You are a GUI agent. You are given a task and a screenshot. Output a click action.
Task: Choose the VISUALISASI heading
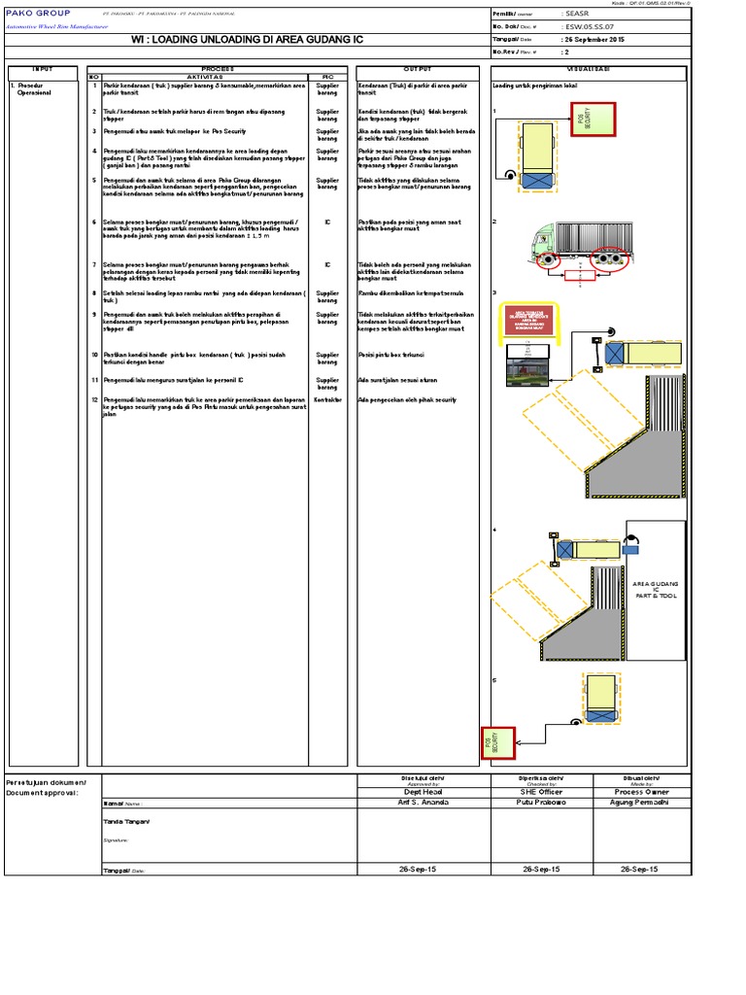589,69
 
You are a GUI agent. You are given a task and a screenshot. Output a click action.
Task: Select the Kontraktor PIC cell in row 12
327,399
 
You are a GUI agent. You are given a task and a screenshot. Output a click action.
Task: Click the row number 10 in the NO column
94,355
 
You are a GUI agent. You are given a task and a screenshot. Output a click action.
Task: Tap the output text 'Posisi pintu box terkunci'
393,355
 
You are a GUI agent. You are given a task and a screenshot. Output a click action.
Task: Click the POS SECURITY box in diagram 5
498,742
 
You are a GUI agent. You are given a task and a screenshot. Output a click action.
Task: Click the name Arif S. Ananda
423,804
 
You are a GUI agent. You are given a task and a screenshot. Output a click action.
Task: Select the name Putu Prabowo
541,804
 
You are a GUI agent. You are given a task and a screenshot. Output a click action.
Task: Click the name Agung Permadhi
639,804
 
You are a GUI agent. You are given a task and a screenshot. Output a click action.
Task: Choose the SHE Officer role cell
541,792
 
